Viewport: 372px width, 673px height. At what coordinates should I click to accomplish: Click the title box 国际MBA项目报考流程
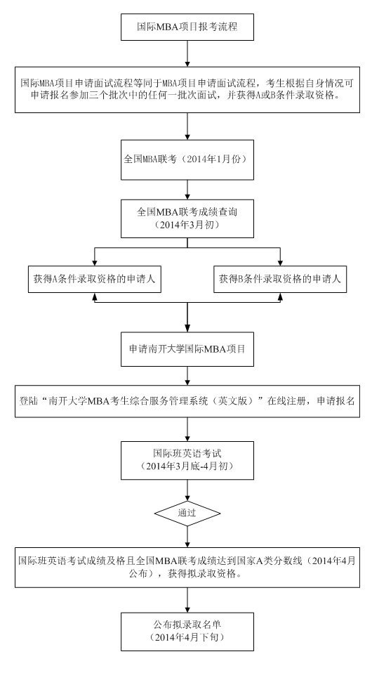(x=187, y=27)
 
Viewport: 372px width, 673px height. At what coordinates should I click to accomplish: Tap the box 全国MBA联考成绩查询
(x=187, y=218)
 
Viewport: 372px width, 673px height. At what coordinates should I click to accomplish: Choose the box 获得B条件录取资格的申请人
(x=280, y=279)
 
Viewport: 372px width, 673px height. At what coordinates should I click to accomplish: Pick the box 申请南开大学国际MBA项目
(x=187, y=348)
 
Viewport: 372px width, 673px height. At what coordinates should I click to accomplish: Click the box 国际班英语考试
(x=187, y=460)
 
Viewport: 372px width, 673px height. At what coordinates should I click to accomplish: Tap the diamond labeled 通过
(x=187, y=513)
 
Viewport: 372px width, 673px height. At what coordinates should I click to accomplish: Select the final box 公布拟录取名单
(x=187, y=632)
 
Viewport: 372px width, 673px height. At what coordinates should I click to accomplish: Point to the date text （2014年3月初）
(x=187, y=226)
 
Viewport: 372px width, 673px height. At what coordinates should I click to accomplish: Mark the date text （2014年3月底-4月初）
(x=187, y=466)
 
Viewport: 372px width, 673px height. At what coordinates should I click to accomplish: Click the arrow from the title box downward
(x=187, y=53)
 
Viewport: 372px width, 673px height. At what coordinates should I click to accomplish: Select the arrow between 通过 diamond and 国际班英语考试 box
(x=187, y=490)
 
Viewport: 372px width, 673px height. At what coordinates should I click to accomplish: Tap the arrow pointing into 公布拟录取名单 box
(x=187, y=600)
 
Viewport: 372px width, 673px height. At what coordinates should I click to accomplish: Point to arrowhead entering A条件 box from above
(x=94, y=262)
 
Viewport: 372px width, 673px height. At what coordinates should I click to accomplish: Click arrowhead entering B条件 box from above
(x=280, y=262)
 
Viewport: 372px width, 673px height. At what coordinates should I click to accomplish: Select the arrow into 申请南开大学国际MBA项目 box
(x=187, y=317)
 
